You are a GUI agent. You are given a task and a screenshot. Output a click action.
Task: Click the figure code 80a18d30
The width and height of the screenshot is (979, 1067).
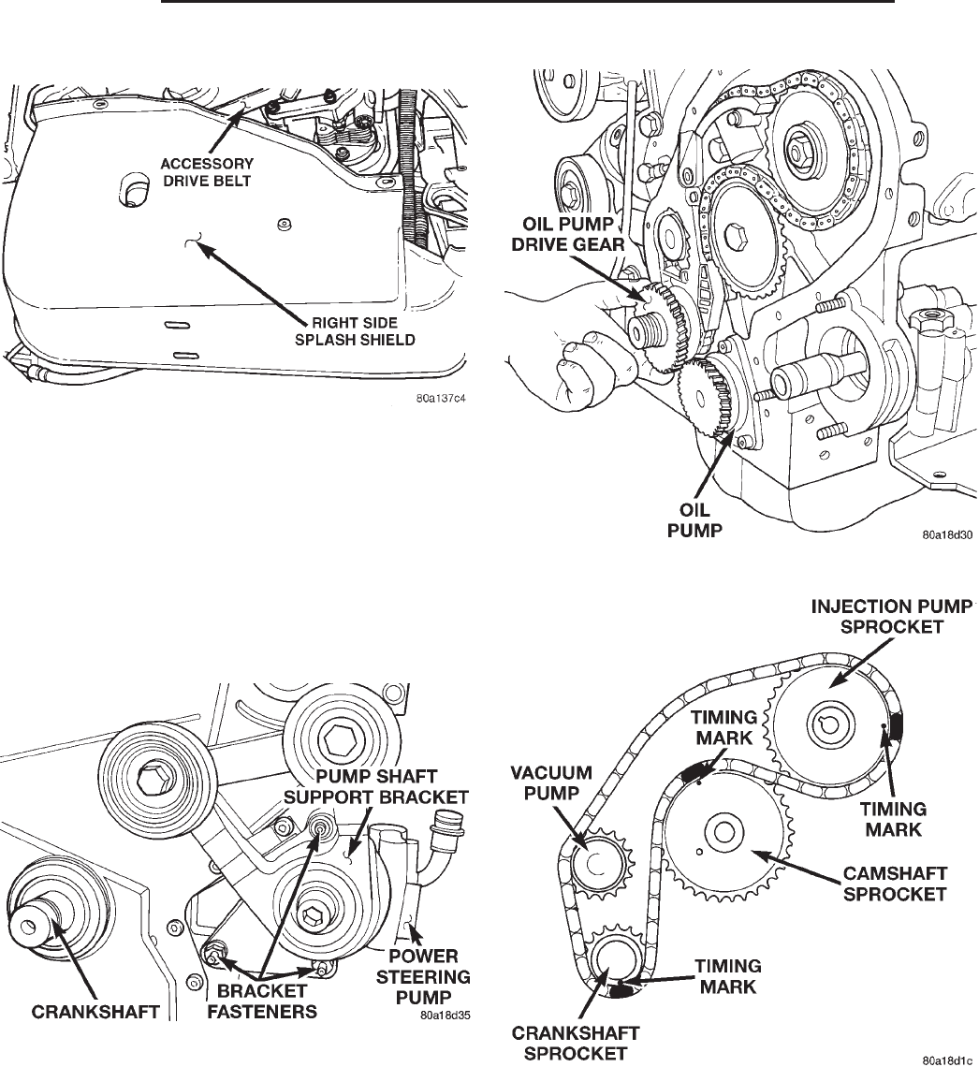click(948, 537)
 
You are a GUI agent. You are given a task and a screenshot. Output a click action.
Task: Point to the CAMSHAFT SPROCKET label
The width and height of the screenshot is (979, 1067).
click(895, 884)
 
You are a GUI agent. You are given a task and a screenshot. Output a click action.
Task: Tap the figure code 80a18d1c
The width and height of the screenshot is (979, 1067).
click(948, 1060)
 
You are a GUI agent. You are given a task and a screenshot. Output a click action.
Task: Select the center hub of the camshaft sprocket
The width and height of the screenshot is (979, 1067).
click(724, 831)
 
